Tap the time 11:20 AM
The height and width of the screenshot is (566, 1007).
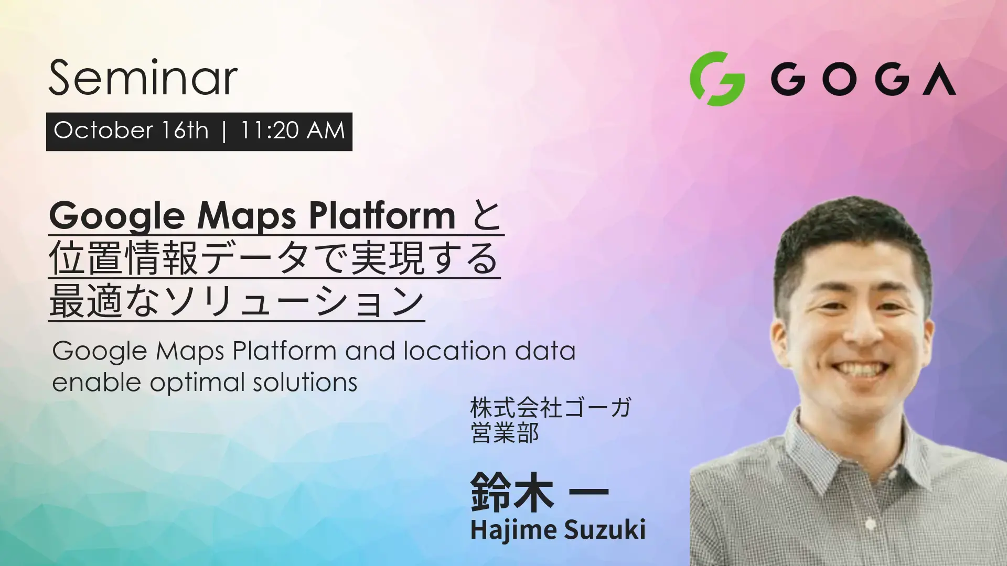point(293,130)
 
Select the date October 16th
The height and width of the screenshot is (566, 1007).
point(131,130)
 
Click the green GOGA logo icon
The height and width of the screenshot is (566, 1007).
point(717,79)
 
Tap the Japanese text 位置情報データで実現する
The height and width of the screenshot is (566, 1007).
point(274,258)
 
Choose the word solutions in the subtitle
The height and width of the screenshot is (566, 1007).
point(305,382)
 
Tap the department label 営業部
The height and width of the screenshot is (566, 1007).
point(505,433)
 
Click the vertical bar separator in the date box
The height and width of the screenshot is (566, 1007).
point(224,131)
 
